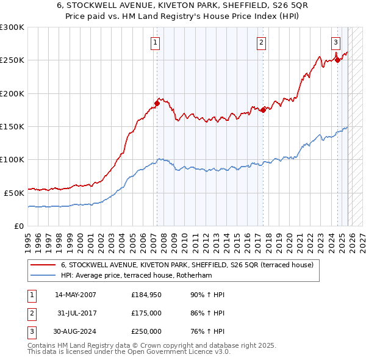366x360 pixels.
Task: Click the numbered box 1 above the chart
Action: click(156, 42)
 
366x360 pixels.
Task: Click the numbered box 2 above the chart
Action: click(261, 42)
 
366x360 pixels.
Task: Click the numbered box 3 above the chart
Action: click(336, 42)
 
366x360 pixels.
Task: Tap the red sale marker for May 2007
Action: click(157, 104)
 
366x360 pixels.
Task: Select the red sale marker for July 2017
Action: click(263, 110)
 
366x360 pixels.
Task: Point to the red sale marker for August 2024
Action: click(337, 60)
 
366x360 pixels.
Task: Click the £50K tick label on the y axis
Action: click(14, 193)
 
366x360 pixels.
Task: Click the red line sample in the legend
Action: click(43, 265)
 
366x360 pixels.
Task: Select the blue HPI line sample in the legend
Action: click(43, 275)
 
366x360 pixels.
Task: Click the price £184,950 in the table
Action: click(146, 295)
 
